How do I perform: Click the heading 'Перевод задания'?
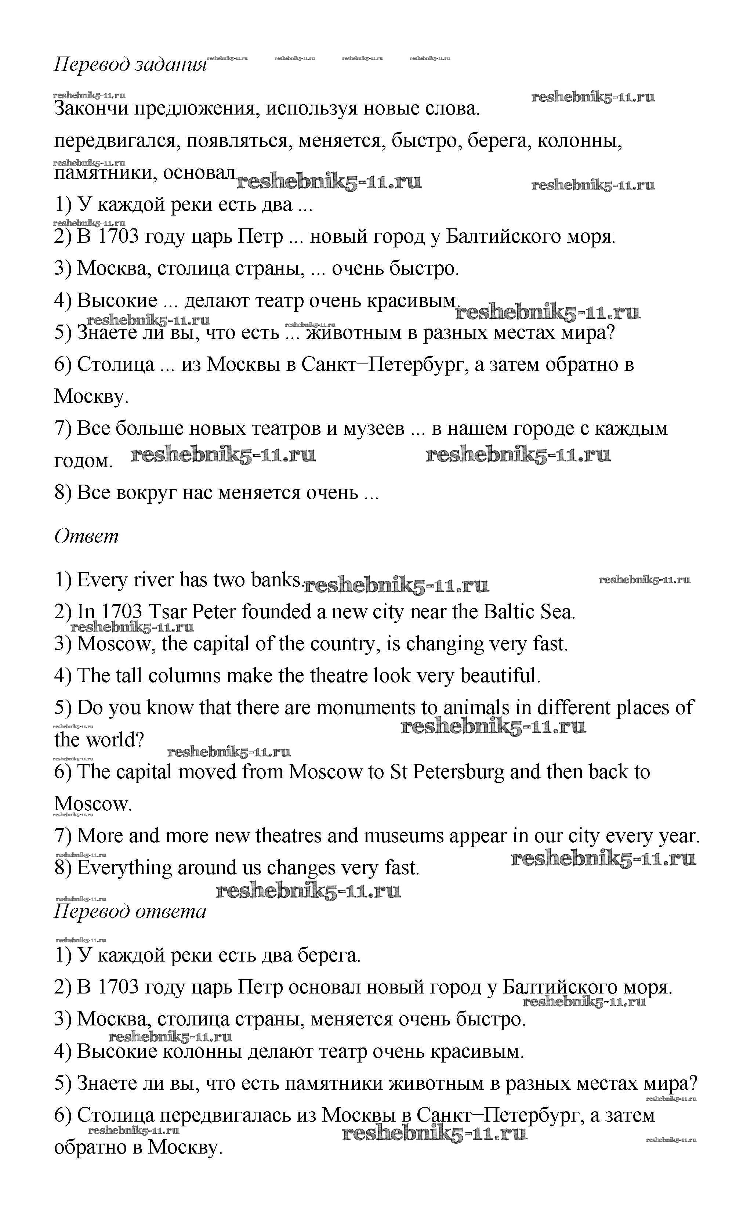130,65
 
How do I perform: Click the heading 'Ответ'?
86,537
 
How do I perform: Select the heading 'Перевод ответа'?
130,911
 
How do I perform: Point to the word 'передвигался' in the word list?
117,142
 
